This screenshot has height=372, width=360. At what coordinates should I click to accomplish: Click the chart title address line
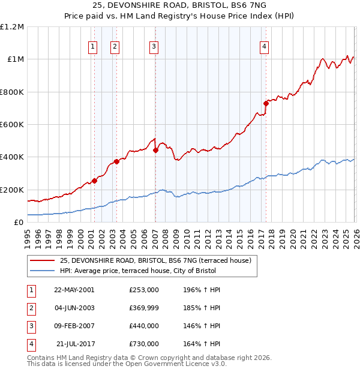point(180,5)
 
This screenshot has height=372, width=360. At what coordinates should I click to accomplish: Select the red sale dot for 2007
point(155,151)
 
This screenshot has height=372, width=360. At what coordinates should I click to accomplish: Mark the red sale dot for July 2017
point(265,103)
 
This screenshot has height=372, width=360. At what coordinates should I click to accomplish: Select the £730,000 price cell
point(143,344)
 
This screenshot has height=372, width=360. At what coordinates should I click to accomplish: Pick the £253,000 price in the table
point(143,289)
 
